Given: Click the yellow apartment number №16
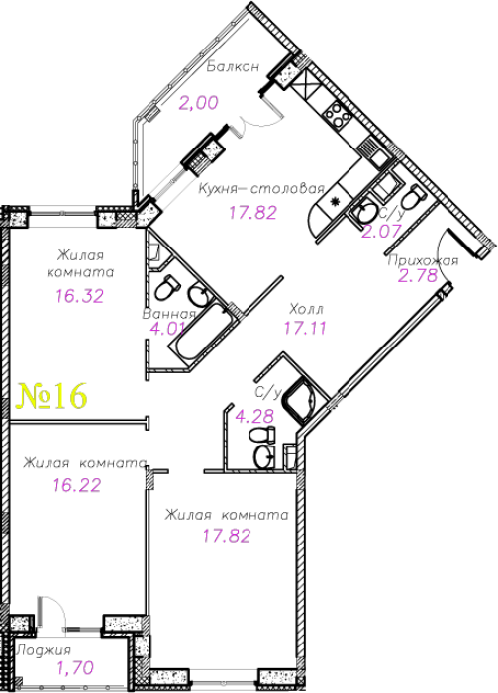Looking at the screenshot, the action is pyautogui.click(x=51, y=396).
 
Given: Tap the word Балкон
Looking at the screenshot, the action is pyautogui.click(x=233, y=67).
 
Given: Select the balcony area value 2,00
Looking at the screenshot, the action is pyautogui.click(x=199, y=103).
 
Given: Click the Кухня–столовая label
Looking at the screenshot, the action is pyautogui.click(x=261, y=189).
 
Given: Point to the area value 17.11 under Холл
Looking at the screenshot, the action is pyautogui.click(x=305, y=328).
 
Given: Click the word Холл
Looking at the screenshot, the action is pyautogui.click(x=306, y=308).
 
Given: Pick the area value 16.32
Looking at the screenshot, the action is pyautogui.click(x=80, y=296).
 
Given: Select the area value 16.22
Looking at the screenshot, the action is pyautogui.click(x=77, y=485).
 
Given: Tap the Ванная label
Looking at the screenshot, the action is pyautogui.click(x=168, y=314).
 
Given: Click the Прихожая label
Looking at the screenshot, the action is pyautogui.click(x=423, y=261).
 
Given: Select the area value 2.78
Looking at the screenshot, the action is pyautogui.click(x=418, y=276).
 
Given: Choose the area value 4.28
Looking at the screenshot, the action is pyautogui.click(x=254, y=416).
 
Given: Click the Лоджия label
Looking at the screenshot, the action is pyautogui.click(x=44, y=650).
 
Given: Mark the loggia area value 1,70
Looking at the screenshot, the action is pyautogui.click(x=75, y=667).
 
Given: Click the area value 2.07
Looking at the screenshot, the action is pyautogui.click(x=382, y=231).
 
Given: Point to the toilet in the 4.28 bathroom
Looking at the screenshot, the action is pyautogui.click(x=263, y=434).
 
